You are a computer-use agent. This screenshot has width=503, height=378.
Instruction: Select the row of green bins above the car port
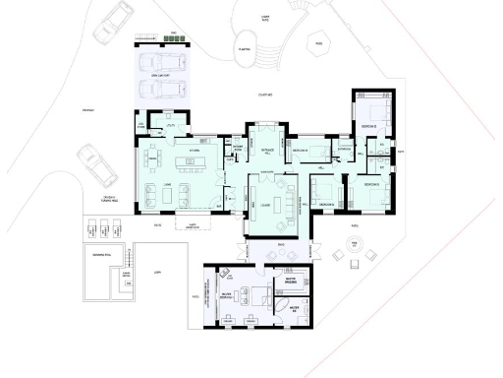coord(145,38)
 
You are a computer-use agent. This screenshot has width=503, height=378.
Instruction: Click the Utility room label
coord(170,126)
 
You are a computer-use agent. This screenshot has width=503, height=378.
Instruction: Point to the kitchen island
coord(189,160)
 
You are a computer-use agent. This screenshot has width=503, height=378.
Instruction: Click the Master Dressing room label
coord(291,281)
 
